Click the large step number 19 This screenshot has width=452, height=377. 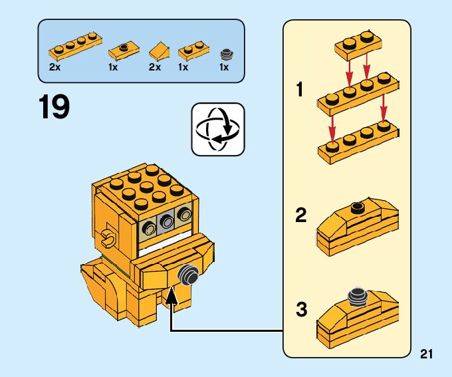point(55,108)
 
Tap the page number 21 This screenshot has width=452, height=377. point(427,354)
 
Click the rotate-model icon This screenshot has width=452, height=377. point(218,129)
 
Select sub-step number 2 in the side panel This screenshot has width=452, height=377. point(301,215)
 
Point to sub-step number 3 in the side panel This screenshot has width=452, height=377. point(301,310)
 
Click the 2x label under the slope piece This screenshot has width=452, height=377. point(154,67)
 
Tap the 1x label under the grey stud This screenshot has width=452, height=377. point(224,67)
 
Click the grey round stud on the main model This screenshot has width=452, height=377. point(187,274)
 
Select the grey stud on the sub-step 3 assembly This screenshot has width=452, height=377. point(358,296)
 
